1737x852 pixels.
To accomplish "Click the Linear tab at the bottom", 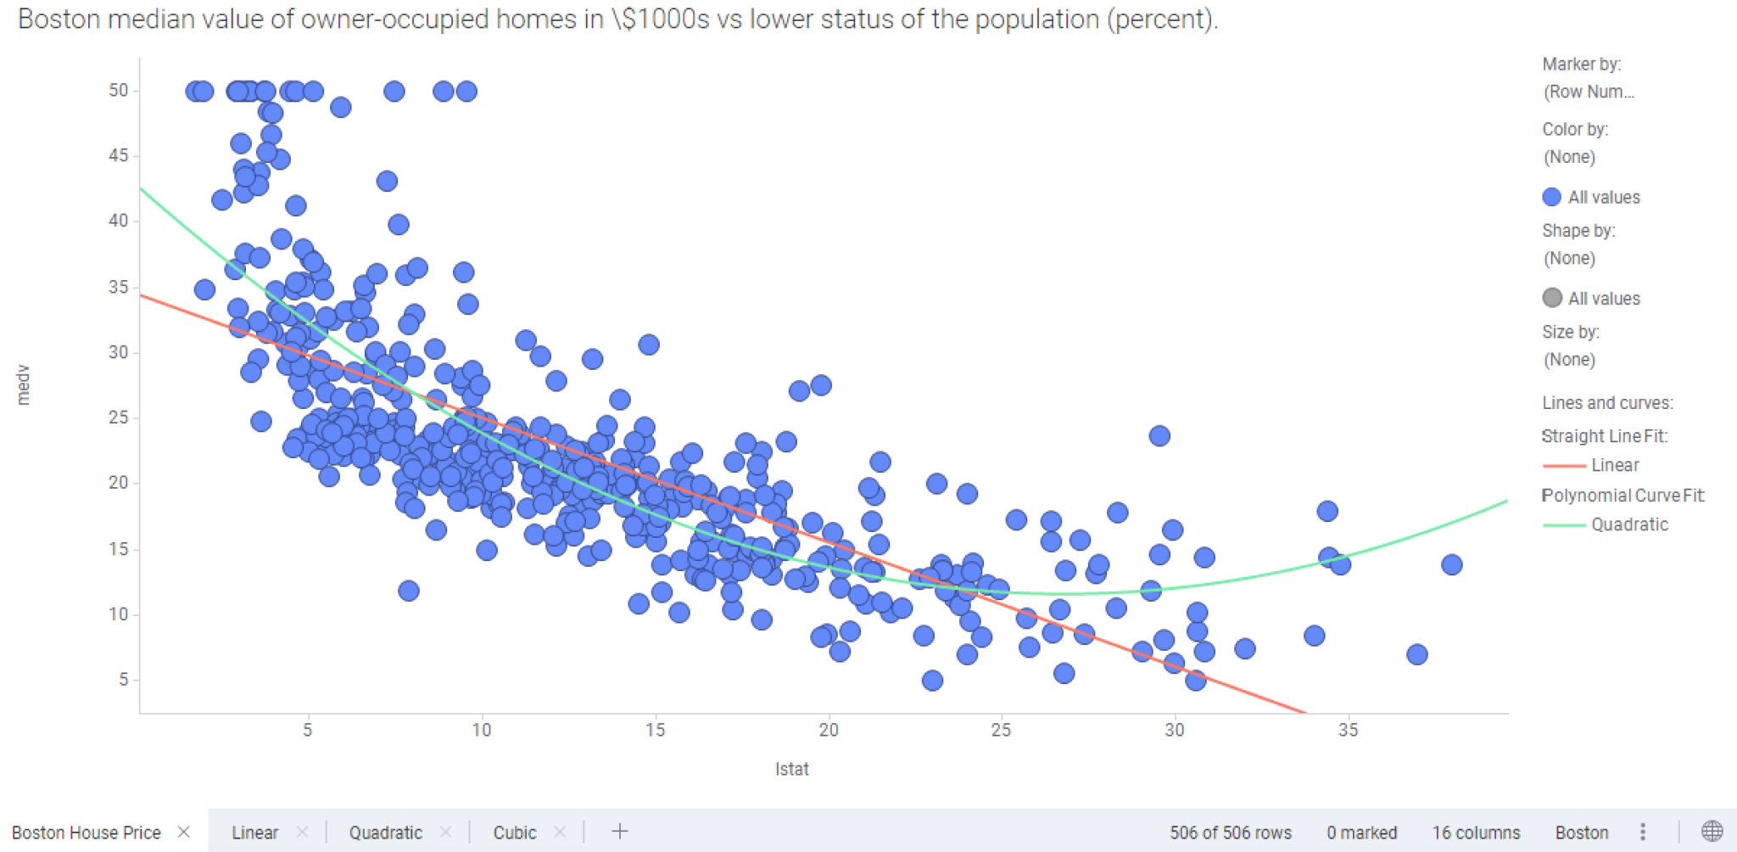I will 254,832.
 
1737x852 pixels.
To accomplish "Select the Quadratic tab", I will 385,832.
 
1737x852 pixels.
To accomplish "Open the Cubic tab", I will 514,832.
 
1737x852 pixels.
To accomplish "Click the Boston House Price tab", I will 86,832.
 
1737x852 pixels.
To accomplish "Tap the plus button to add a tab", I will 620,832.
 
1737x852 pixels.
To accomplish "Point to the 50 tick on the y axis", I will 119,90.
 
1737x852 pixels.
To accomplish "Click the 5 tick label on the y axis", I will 124,679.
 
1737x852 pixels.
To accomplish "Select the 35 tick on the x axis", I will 1348,730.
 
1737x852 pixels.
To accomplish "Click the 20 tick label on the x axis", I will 828,730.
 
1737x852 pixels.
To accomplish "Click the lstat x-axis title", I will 791,769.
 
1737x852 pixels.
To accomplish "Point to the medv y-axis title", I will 23,384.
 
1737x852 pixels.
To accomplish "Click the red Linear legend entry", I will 1614,465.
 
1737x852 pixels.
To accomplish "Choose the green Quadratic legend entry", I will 1628,524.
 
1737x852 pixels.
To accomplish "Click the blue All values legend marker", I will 1551,197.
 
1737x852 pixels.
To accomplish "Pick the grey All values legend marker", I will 1551,298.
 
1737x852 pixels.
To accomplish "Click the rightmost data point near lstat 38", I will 1451,564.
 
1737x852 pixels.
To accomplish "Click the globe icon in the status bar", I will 1712,832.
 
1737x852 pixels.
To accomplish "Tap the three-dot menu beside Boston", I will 1643,832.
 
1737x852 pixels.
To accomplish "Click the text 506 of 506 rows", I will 1230,832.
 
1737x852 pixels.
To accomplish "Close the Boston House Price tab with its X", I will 183,832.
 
